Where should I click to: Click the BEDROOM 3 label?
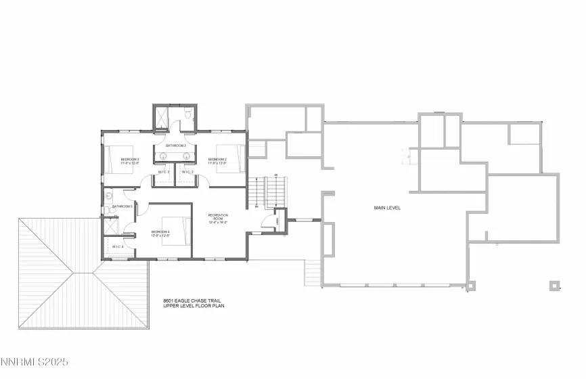click(x=129, y=161)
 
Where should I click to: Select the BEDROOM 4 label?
click(x=160, y=233)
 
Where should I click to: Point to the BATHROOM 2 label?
click(x=176, y=146)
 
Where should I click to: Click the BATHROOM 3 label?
click(x=122, y=206)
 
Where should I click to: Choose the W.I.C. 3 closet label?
click(x=164, y=173)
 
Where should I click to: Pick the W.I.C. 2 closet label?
click(x=187, y=173)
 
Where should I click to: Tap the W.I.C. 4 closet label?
click(x=118, y=247)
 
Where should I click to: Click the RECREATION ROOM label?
click(x=218, y=218)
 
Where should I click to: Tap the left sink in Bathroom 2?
click(x=164, y=154)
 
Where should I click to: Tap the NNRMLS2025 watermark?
click(x=31, y=371)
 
